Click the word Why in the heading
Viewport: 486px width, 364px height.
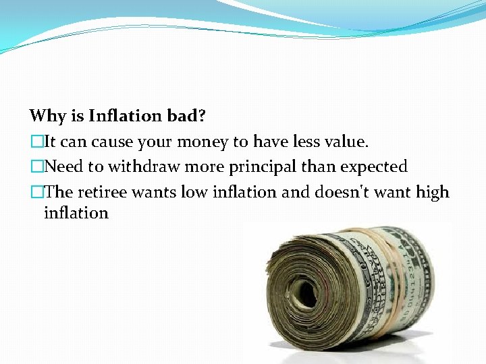pos(47,116)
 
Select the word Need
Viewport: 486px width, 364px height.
pos(62,167)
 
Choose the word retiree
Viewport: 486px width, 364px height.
pos(102,193)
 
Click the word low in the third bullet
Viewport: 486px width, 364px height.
pos(194,193)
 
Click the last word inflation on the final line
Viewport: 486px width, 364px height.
pos(76,214)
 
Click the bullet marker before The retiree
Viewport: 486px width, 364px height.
pos(36,193)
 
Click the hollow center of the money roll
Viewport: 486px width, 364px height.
pos(306,292)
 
